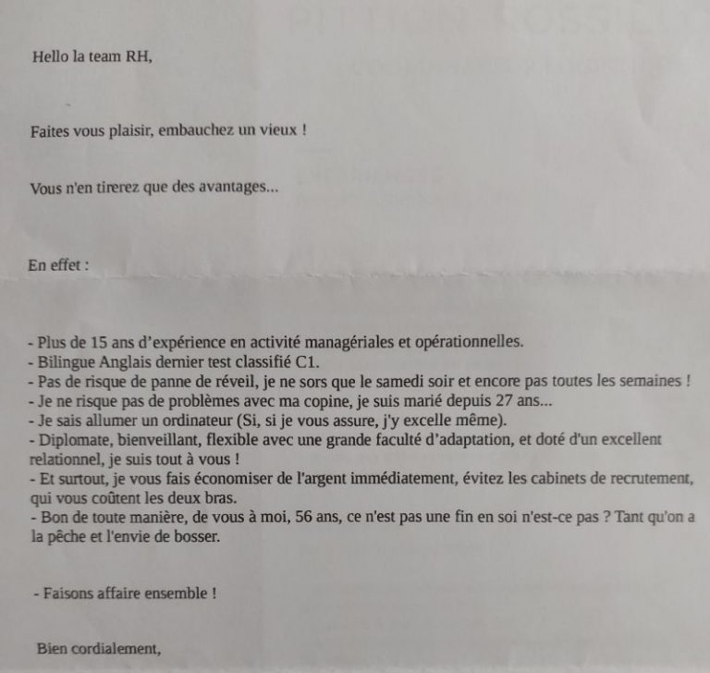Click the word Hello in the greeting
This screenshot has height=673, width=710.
click(50, 55)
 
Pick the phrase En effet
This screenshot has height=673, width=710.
click(58, 265)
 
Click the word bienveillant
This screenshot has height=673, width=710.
click(153, 440)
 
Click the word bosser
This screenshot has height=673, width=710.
click(202, 538)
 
